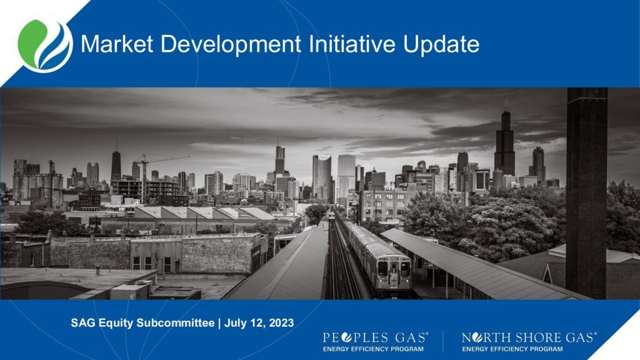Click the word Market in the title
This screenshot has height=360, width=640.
(x=117, y=44)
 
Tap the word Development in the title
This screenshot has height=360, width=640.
(x=231, y=45)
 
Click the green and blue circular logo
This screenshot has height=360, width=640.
(x=45, y=44)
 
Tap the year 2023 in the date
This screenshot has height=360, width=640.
(x=282, y=323)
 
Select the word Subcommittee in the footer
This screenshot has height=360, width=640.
(x=176, y=323)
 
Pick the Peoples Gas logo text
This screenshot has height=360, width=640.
(x=376, y=337)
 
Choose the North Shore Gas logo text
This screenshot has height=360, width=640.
(x=529, y=337)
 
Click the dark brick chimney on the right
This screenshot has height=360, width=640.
(x=586, y=192)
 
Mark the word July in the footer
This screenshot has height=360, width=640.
(x=236, y=323)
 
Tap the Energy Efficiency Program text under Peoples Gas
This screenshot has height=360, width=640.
(x=373, y=349)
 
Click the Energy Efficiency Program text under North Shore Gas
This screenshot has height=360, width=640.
(x=512, y=349)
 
